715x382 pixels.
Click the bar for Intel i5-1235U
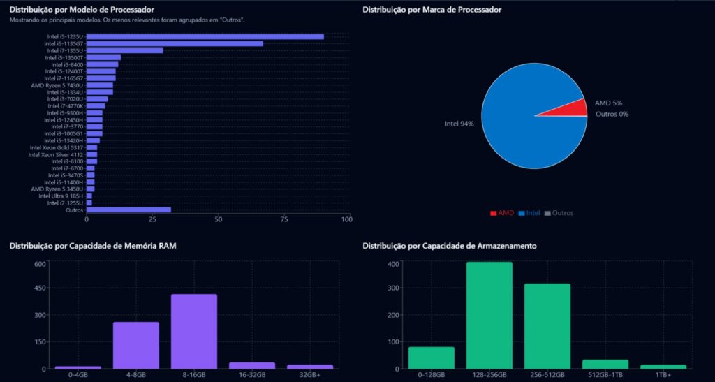coord(205,36)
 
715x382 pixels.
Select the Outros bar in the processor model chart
coord(128,210)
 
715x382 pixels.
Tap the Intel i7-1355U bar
coord(124,50)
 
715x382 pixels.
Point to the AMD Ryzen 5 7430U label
coord(57,85)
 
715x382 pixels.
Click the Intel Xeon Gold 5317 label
coord(57,147)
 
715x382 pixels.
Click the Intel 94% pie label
coord(459,124)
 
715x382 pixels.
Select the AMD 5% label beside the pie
coord(608,103)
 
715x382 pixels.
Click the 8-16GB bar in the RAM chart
coord(194,331)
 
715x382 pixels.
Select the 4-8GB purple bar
coord(136,345)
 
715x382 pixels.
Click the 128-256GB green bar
coord(489,315)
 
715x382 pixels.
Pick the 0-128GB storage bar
coord(431,358)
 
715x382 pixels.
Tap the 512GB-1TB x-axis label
coord(605,375)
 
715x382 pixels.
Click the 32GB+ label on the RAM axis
coord(309,375)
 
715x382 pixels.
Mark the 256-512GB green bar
coord(547,325)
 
